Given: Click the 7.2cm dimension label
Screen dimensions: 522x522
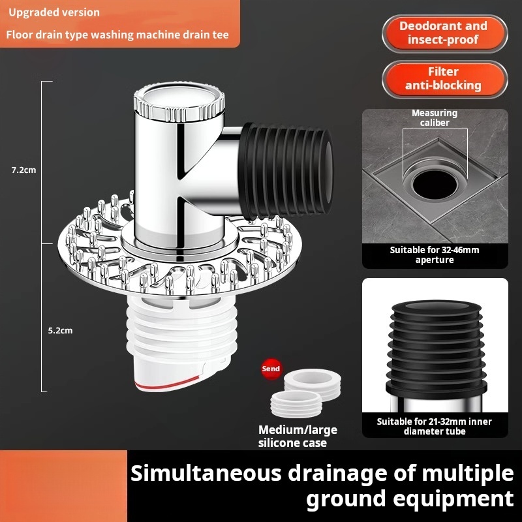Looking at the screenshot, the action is [23, 170].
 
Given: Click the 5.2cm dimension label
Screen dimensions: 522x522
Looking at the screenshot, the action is [60, 331].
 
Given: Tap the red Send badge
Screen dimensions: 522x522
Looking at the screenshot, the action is [271, 369].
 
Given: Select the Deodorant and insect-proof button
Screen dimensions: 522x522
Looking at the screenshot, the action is [444, 33].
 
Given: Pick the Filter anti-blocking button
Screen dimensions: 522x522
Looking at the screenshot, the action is [444, 79].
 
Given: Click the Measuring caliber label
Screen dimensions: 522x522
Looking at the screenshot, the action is [435, 118].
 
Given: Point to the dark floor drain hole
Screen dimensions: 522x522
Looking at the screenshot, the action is [435, 184].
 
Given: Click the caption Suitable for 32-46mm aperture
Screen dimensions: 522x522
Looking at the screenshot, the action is [435, 255].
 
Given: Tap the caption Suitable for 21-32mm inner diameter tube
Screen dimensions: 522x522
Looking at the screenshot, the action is [435, 427].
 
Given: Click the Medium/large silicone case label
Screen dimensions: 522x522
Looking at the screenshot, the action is [298, 437].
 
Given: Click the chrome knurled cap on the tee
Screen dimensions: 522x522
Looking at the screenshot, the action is [179, 102].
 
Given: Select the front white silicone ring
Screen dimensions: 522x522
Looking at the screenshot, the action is [296, 404].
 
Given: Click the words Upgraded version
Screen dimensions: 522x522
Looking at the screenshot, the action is [54, 12].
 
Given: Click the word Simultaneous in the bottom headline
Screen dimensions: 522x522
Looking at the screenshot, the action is [206, 473].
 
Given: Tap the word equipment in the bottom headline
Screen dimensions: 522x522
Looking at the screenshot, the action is [453, 499].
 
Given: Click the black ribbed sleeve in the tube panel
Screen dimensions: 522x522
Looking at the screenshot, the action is [436, 350].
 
